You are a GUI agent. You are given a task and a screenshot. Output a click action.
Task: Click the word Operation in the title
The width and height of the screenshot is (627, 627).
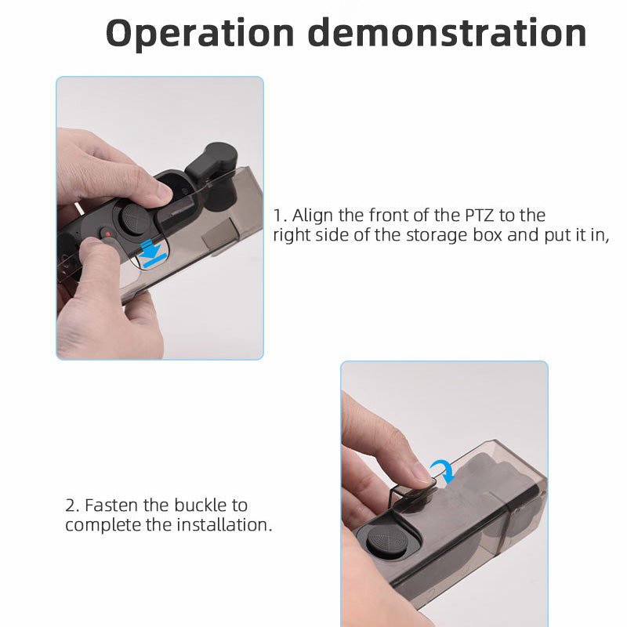click(x=200, y=33)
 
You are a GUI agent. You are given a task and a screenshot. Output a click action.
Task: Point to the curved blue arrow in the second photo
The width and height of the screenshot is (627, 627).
click(x=444, y=471)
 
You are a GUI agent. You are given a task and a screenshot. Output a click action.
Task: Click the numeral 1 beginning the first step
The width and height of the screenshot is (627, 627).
click(x=277, y=215)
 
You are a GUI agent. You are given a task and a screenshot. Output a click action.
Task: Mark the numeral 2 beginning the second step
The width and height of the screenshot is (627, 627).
click(x=70, y=505)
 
